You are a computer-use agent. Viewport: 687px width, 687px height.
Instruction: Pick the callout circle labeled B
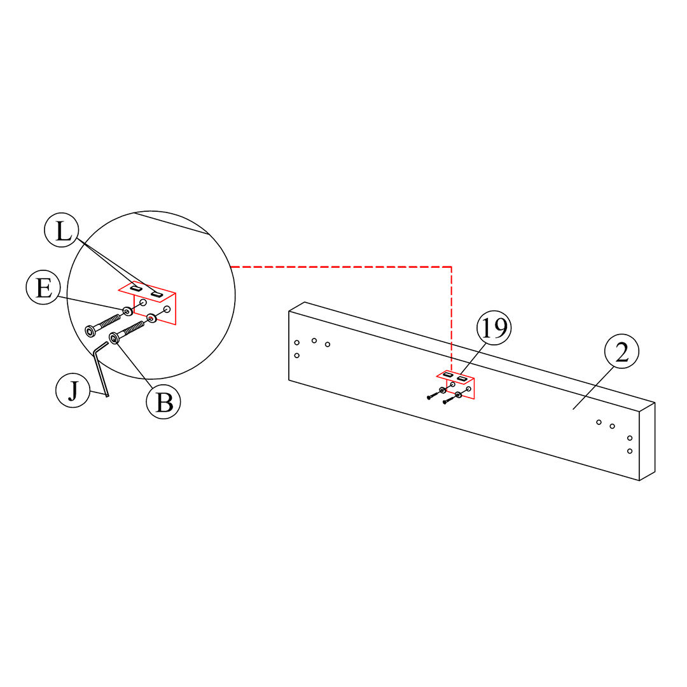click(163, 402)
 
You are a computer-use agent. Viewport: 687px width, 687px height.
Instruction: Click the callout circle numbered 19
click(494, 328)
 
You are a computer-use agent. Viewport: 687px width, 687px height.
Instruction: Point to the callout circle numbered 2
click(621, 353)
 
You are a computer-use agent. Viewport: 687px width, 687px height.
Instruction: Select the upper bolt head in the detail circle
click(90, 331)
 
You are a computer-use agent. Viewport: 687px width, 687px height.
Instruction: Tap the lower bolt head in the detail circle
click(114, 338)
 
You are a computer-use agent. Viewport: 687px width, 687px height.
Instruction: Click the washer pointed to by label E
click(128, 311)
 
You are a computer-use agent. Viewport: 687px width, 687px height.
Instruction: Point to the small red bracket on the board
click(460, 384)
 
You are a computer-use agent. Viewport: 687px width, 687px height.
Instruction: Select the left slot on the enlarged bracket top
click(135, 288)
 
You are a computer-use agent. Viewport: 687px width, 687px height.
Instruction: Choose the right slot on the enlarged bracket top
click(156, 294)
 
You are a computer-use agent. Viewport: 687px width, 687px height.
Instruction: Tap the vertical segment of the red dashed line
click(452, 318)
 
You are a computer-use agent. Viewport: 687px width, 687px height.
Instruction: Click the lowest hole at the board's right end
click(630, 451)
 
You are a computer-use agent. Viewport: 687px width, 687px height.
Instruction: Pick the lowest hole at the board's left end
click(297, 355)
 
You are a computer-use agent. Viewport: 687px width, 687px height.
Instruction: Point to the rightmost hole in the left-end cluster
click(328, 344)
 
